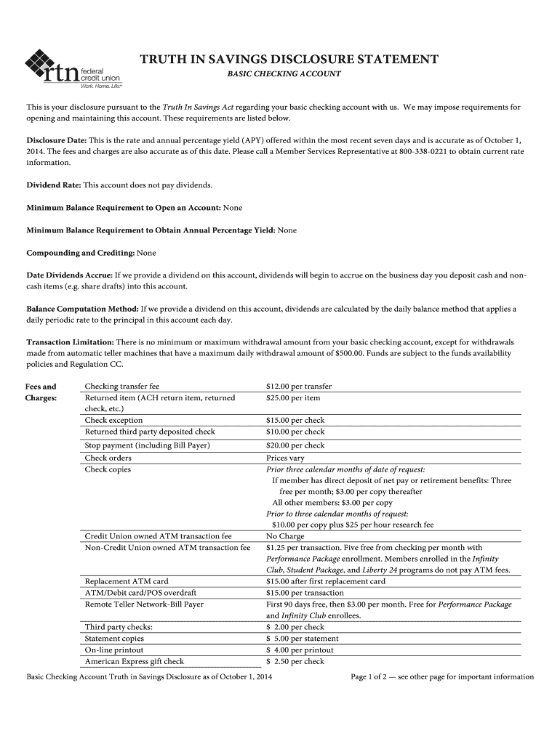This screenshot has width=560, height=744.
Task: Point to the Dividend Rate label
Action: (x=54, y=185)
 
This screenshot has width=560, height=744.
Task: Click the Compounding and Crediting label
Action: (x=80, y=253)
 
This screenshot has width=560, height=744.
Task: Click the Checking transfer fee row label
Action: (x=121, y=387)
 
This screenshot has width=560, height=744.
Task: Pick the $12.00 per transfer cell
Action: (x=299, y=387)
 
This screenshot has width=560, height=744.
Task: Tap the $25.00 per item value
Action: (x=293, y=398)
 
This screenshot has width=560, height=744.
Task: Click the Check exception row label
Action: (x=113, y=420)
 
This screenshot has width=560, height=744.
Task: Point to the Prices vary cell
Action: (x=285, y=458)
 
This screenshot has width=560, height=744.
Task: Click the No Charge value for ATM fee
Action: (x=284, y=537)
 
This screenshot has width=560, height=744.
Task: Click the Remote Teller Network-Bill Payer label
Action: (x=144, y=604)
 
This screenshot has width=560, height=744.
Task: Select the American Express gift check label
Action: (x=135, y=661)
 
